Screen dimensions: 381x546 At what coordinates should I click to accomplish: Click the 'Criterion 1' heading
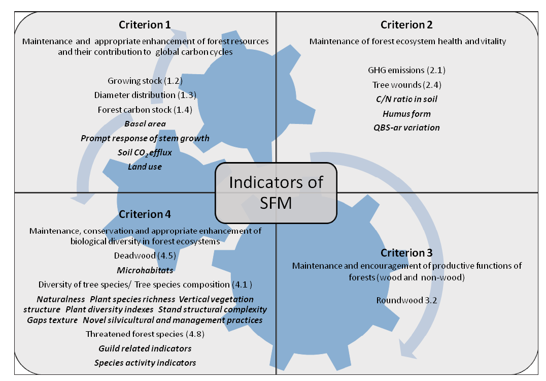pos(145,24)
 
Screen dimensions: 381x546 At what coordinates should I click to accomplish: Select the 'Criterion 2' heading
pos(406,24)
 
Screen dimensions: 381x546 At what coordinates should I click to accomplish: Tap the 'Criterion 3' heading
pos(406,253)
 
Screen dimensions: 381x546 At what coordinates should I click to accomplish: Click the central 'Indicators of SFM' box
pos(276,192)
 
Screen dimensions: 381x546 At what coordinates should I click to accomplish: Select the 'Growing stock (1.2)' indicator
pos(145,81)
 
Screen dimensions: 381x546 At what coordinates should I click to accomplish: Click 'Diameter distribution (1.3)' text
pos(145,95)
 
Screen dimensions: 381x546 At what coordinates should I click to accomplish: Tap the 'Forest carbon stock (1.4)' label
pos(145,109)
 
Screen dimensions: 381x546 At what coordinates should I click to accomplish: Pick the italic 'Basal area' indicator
pos(145,123)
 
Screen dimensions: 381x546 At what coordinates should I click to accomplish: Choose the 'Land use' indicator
pos(145,166)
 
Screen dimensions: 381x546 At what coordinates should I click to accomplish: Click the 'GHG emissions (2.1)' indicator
pos(406,70)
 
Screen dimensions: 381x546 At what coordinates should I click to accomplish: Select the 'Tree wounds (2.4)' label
pos(406,84)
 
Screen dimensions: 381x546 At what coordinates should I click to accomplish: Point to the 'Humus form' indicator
pos(406,113)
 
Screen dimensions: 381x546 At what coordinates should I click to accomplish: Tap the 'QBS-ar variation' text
pos(406,128)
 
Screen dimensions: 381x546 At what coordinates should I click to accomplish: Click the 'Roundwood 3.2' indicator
pos(406,300)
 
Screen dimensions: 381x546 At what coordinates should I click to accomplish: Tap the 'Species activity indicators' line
pos(145,362)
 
